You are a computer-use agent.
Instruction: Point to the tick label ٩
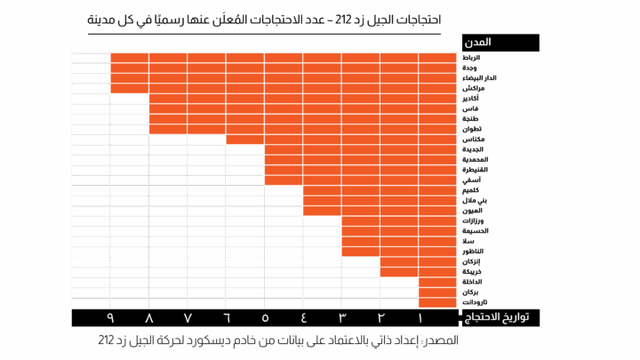111,317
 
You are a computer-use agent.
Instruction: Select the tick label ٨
149,317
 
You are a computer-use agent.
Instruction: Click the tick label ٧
188,317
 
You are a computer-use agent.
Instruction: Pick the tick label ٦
227,317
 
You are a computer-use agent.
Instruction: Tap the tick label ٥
265,317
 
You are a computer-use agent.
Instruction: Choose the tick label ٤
303,317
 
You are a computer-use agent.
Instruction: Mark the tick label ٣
341,317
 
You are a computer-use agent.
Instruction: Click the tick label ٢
380,317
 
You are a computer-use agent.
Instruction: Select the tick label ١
419,317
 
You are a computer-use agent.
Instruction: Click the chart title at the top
264,19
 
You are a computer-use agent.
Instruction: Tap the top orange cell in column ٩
129,58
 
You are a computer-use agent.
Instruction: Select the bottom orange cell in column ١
437,302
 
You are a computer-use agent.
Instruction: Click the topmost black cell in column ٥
284,190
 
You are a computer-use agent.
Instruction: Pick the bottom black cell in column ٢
399,302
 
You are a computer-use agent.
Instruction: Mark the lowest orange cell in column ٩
129,88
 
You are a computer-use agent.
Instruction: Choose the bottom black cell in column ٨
168,302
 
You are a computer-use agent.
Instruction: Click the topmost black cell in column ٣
360,261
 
